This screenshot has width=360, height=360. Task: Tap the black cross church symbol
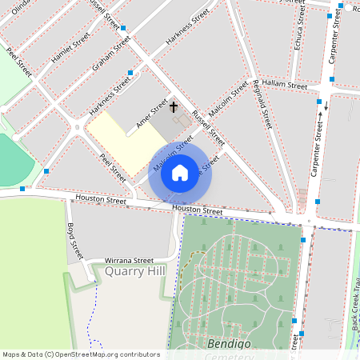coord(174,106)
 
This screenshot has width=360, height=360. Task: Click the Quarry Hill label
coord(134,271)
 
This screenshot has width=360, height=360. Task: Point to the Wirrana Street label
coord(129,260)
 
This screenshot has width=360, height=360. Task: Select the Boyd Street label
coord(74,241)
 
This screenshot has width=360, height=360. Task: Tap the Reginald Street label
coord(262,104)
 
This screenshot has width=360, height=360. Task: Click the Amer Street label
coord(152,113)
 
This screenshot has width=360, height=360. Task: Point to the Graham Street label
coord(111,53)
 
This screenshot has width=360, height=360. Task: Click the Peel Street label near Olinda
coord(18,61)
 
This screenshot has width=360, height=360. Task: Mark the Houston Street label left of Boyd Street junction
coord(101,199)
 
